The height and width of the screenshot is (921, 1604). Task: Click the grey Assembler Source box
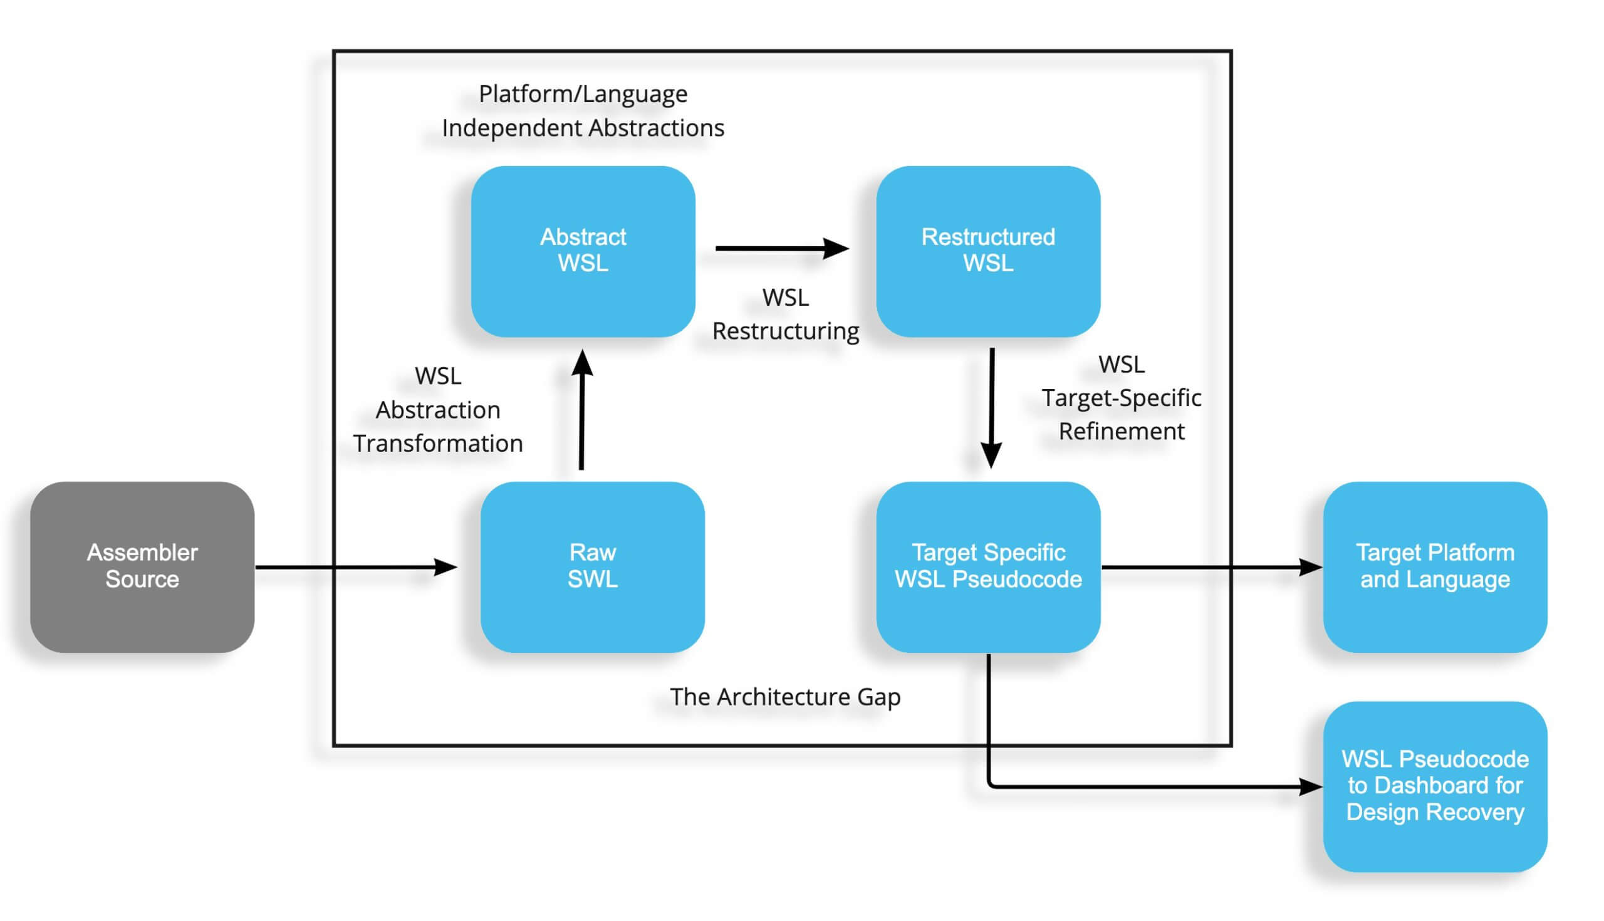[x=142, y=567]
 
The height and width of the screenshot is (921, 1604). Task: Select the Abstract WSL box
[x=583, y=251]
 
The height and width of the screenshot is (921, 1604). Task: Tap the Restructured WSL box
[x=988, y=251]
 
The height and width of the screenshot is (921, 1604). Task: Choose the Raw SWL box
[x=593, y=567]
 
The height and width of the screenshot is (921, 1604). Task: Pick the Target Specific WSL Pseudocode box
[x=988, y=567]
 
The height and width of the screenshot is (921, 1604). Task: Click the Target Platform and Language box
[x=1435, y=567]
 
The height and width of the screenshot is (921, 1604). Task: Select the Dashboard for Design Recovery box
[x=1435, y=786]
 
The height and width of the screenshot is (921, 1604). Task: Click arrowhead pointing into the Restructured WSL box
[x=836, y=249]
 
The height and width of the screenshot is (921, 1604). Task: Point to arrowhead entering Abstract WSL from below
[x=583, y=364]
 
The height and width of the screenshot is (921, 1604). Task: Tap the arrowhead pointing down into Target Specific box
[x=991, y=455]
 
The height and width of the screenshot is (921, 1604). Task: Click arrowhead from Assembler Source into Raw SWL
[x=445, y=567]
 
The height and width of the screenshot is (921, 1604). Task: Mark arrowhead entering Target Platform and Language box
[x=1311, y=567]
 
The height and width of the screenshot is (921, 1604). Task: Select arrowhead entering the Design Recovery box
[x=1311, y=787]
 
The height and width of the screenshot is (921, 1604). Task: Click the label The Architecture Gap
[x=785, y=697]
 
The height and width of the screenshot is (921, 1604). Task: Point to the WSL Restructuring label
[x=786, y=314]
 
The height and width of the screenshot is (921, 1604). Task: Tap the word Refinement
[x=1122, y=431]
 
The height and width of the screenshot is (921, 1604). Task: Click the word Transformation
[x=438, y=443]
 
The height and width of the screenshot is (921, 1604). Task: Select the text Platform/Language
[x=583, y=93]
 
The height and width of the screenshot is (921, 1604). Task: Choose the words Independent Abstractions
[x=583, y=128]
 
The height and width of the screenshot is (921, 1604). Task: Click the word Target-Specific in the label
[x=1122, y=398]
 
